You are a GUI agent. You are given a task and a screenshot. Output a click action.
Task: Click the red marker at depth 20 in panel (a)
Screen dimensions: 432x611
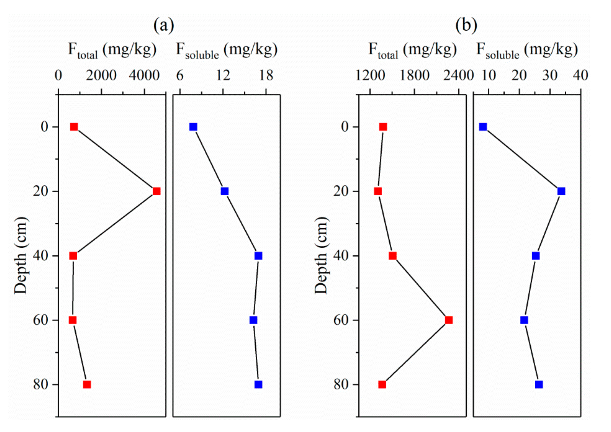point(156,191)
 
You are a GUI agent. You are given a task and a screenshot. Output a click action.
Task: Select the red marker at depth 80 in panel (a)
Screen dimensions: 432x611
point(87,385)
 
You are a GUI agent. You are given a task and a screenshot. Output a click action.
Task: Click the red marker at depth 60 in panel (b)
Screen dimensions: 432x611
point(449,320)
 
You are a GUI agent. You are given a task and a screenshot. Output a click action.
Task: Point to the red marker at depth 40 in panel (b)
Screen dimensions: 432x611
point(393,256)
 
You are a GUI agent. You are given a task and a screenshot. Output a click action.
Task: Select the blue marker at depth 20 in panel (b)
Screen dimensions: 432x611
point(561,191)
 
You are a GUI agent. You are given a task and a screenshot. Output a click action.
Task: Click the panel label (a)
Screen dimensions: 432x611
point(164,26)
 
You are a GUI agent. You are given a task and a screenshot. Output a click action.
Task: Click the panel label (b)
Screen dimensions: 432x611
point(466,26)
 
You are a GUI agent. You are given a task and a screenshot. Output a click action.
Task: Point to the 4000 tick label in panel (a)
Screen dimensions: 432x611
point(144,76)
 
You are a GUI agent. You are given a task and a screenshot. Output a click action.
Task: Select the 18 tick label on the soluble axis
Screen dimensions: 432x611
point(266,76)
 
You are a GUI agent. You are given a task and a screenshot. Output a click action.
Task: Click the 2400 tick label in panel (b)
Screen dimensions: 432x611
point(458,76)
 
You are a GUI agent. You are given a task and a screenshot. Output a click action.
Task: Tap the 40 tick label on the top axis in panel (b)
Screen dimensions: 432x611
point(581,76)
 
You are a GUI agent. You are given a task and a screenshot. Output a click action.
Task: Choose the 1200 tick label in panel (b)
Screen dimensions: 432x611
point(370,76)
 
